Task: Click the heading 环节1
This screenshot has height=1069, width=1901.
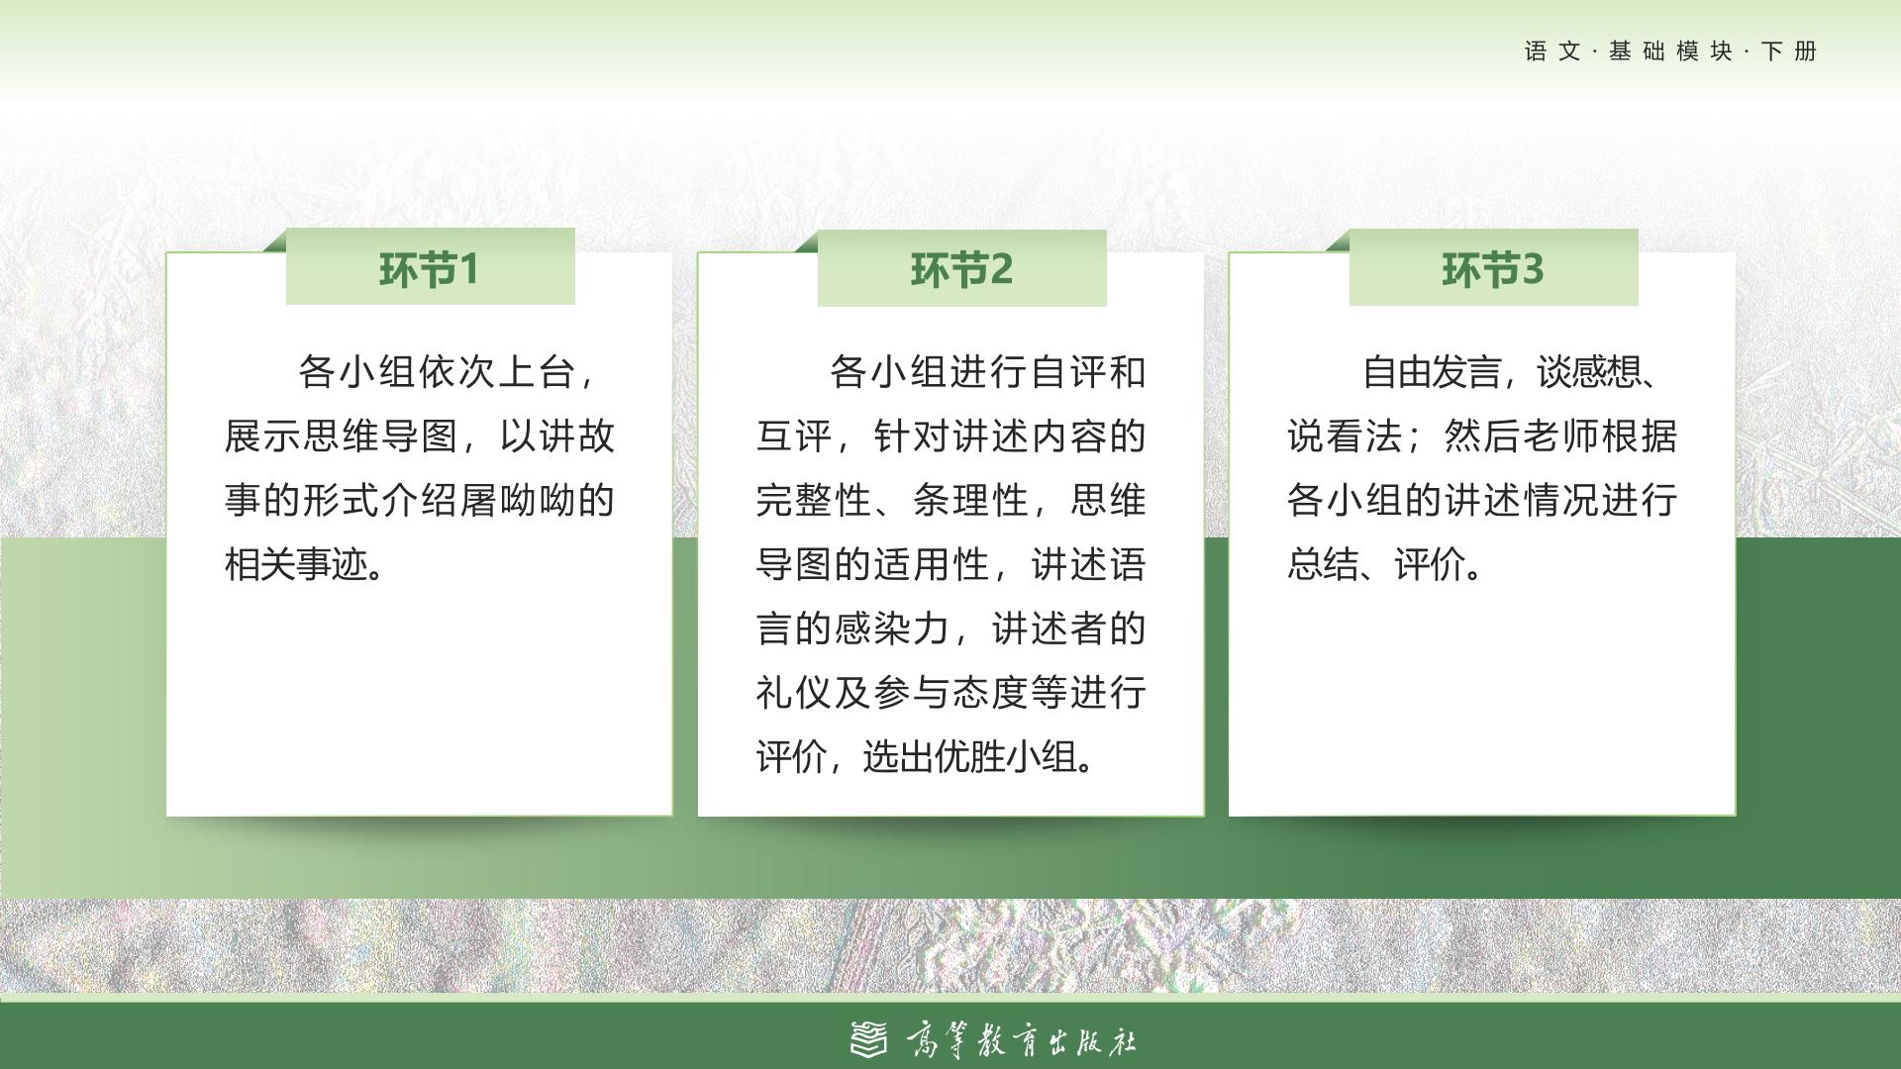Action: tap(429, 269)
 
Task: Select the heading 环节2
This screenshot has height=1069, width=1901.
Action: tap(961, 269)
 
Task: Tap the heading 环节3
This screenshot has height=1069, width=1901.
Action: tap(1492, 269)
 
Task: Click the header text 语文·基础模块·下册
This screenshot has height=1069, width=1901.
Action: tap(1670, 51)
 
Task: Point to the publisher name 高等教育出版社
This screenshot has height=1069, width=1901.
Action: tap(1021, 1040)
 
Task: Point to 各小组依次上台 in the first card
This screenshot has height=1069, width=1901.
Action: tap(437, 372)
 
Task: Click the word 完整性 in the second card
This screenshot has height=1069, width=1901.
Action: tap(814, 501)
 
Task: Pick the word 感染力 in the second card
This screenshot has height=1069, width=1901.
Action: tap(892, 629)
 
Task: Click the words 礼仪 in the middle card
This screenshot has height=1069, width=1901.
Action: tap(794, 693)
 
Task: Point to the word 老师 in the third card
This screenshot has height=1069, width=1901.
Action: tap(1560, 437)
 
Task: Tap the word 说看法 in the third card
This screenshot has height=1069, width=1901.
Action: tap(1345, 437)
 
